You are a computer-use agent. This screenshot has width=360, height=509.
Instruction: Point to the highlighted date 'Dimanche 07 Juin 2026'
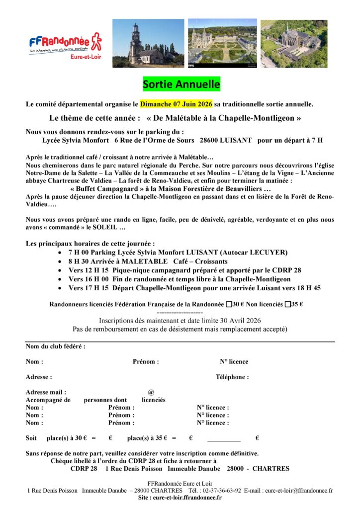tap(176, 104)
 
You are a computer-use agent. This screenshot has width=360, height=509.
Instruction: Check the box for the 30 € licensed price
tap(229, 305)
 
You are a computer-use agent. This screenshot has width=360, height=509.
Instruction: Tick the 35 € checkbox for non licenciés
tap(288, 305)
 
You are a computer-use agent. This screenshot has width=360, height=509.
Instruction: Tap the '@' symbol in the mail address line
tap(151, 392)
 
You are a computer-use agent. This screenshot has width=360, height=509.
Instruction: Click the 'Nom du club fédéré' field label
tap(55, 346)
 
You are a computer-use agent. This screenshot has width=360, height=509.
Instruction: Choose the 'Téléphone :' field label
tap(232, 377)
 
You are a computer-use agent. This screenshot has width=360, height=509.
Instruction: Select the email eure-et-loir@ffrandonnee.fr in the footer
tap(297, 491)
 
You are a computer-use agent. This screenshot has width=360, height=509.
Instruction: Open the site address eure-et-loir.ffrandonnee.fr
tap(187, 498)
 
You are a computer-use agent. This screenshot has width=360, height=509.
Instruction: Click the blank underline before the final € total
tap(224, 439)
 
